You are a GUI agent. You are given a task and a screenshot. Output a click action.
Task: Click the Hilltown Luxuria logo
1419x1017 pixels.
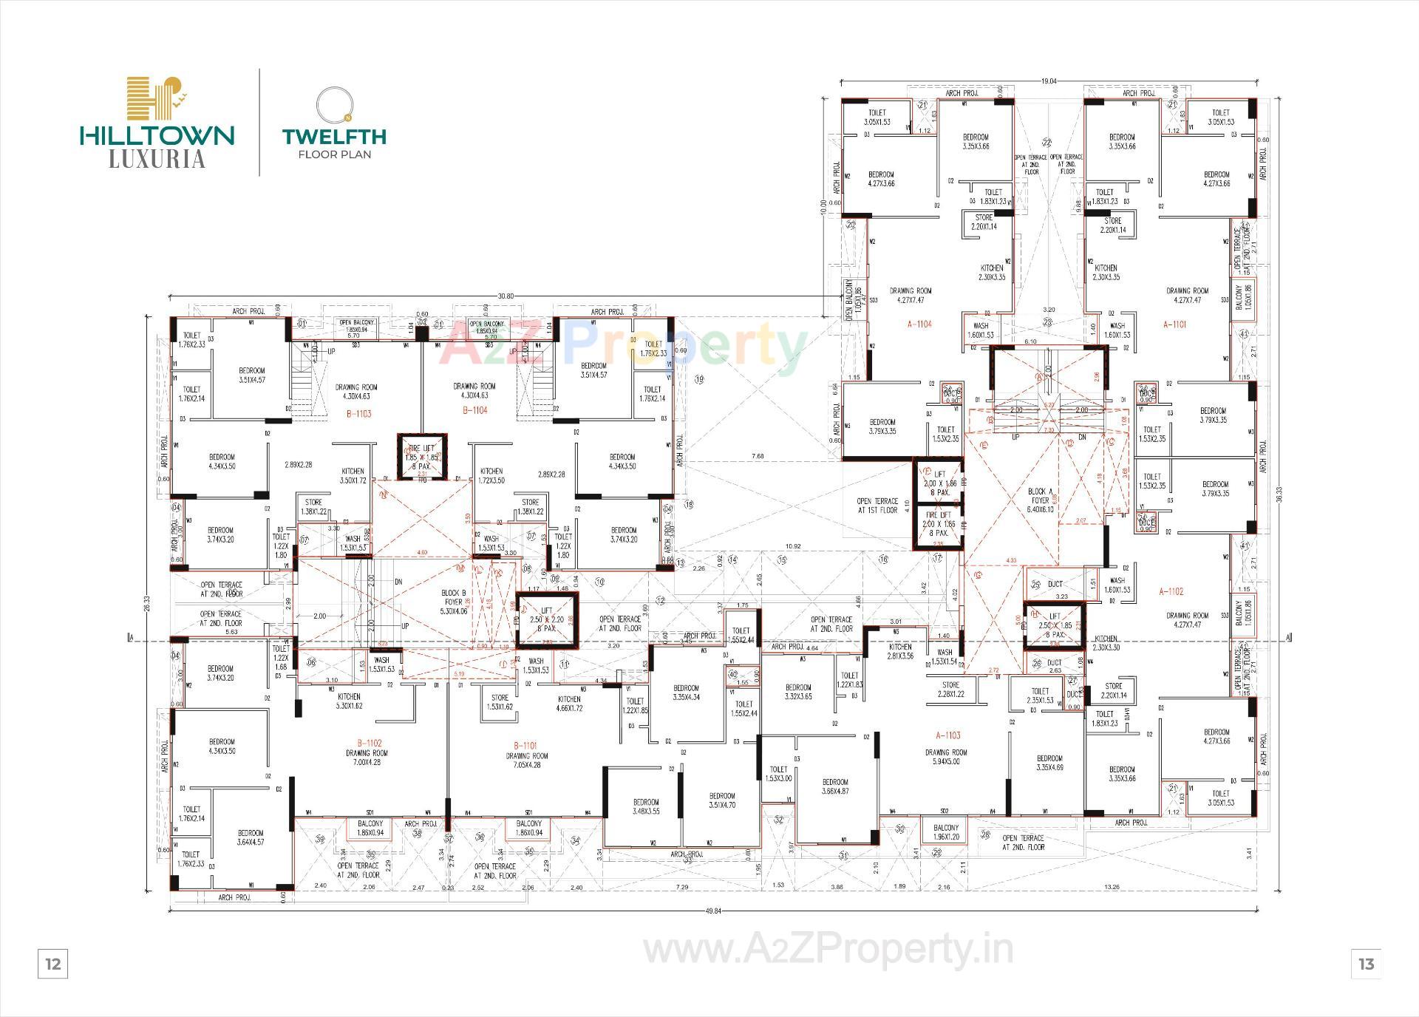tap(157, 122)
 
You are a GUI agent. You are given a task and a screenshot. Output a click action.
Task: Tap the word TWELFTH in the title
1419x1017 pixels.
tap(334, 136)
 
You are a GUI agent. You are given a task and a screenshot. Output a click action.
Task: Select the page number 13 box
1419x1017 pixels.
tap(1366, 964)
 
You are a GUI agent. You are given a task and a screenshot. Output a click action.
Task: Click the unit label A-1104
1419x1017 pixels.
tap(919, 324)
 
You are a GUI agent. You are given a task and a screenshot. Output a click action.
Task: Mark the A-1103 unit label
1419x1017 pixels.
tap(948, 735)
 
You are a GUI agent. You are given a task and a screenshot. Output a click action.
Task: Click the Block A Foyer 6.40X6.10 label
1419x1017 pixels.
tap(1040, 500)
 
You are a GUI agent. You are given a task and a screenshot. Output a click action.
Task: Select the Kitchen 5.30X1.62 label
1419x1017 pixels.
tap(349, 701)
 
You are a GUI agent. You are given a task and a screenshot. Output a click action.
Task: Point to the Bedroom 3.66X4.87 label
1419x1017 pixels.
tap(835, 786)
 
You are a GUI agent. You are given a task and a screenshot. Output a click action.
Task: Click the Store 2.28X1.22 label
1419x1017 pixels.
tap(950, 690)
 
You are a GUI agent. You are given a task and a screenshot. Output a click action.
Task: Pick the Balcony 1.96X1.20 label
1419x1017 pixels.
tap(946, 832)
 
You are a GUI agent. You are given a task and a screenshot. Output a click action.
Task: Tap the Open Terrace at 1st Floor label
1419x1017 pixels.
tap(877, 506)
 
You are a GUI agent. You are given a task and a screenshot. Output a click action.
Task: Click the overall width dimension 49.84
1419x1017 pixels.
tap(712, 911)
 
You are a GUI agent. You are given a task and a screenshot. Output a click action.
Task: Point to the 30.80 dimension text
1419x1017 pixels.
tap(506, 296)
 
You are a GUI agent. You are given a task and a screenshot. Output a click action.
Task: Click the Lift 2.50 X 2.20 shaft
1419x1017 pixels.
tap(547, 619)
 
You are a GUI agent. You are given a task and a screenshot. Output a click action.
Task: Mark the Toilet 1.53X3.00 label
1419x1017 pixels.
tap(778, 774)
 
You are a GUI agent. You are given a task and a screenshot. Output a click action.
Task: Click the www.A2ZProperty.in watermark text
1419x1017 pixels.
tap(828, 950)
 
